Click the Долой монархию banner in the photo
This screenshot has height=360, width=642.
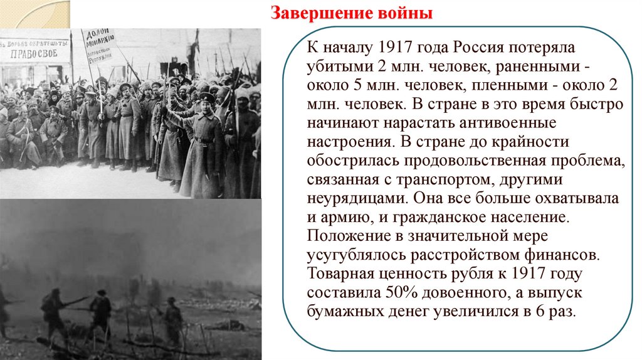click(x=99, y=45)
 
